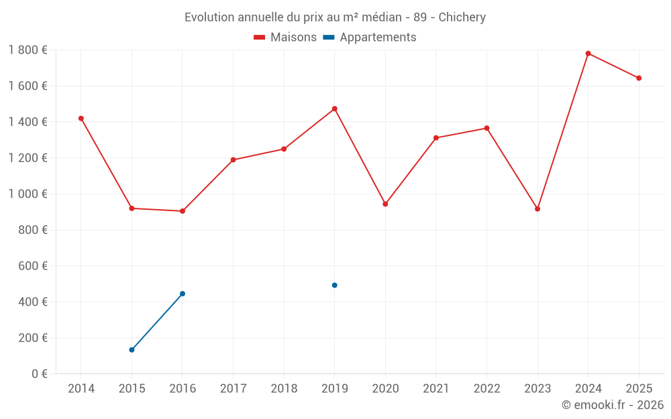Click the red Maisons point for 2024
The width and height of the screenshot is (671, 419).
tap(588, 54)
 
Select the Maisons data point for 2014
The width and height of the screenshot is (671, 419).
tap(81, 119)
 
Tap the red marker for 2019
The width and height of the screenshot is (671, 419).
tap(335, 109)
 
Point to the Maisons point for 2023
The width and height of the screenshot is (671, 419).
tap(537, 209)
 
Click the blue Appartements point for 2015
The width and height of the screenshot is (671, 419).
tap(132, 350)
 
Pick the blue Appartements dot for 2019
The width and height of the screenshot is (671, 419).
tap(335, 285)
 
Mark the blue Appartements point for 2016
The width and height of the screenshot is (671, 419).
tap(183, 294)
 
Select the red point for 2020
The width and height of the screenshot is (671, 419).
tap(385, 204)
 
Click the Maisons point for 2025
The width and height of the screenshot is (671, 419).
tap(639, 78)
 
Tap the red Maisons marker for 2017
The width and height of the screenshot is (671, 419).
tap(234, 160)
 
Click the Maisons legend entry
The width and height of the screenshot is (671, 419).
tap(285, 37)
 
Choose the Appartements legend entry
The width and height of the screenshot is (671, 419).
tap(370, 37)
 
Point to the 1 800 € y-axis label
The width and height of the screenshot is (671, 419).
tap(28, 50)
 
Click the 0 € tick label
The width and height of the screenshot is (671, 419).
tap(40, 373)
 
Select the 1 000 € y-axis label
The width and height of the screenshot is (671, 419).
tap(28, 194)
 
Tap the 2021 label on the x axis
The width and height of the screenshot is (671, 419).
tap(436, 388)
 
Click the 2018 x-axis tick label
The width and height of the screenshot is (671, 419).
tap(284, 388)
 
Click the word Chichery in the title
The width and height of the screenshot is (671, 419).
tap(462, 17)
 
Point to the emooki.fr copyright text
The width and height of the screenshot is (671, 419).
tap(613, 404)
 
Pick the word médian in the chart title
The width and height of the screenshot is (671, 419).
tap(382, 17)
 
